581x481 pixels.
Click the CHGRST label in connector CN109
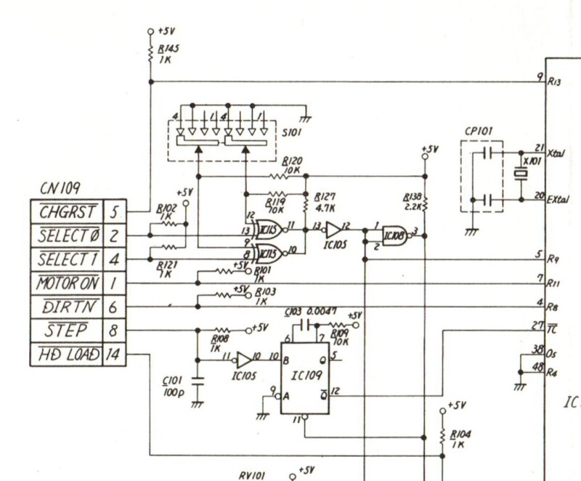coord(67,212)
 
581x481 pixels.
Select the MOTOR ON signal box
coord(67,283)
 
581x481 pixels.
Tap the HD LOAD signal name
coord(67,354)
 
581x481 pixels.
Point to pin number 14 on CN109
coord(113,354)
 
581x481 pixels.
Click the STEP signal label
coord(67,331)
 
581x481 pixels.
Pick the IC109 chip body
coord(306,377)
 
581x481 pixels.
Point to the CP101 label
coord(477,132)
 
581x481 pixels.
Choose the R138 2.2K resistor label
coord(412,201)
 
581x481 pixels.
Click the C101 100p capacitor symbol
coord(197,381)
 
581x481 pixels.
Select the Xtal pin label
coord(558,153)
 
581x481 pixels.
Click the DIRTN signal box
coord(67,307)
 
